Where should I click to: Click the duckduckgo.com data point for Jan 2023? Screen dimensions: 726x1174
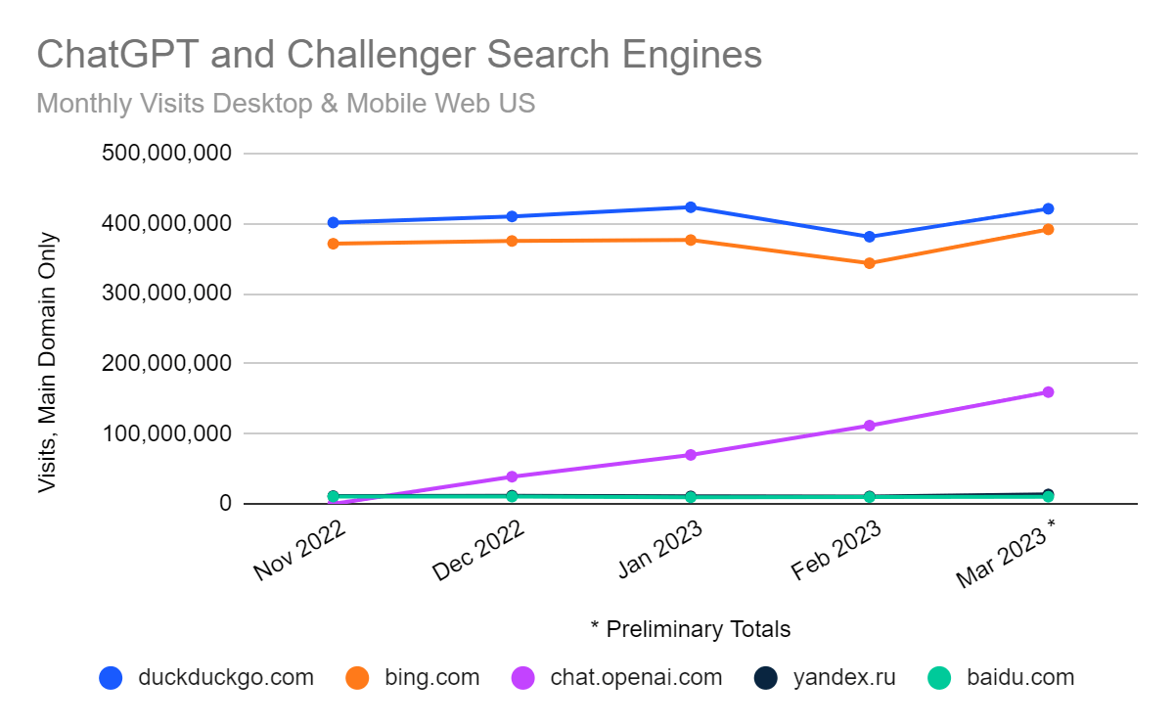(x=691, y=207)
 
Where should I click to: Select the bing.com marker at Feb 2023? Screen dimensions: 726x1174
(x=869, y=263)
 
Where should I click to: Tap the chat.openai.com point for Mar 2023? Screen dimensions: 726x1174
(x=1048, y=392)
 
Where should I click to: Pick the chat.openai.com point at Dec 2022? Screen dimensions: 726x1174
(x=512, y=476)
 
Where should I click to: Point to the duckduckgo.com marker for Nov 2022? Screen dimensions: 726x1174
(x=334, y=223)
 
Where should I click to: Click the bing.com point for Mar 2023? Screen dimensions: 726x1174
(x=1048, y=230)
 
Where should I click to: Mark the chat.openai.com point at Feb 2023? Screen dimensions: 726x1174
(x=869, y=426)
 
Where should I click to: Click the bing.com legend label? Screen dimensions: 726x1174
(x=431, y=677)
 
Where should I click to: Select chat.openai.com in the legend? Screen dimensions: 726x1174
(x=636, y=677)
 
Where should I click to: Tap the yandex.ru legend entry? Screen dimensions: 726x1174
(x=843, y=677)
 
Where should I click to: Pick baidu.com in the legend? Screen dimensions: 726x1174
(x=1019, y=677)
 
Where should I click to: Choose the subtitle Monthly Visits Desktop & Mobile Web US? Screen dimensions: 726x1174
(x=286, y=104)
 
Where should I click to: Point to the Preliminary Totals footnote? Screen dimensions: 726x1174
(x=691, y=628)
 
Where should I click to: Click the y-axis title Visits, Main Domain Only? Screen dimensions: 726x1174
(x=47, y=362)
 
